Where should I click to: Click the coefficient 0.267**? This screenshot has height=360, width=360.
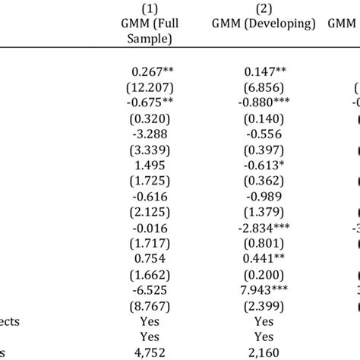[x=153, y=71]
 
